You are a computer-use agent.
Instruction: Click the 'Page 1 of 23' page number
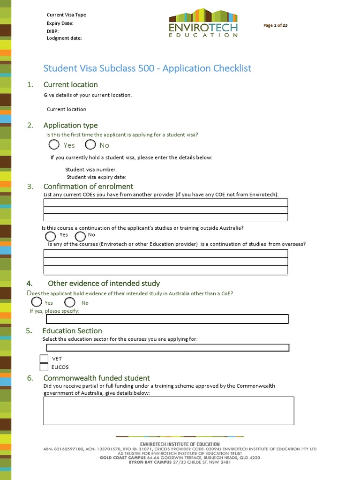click(275, 25)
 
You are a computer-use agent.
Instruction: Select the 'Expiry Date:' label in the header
click(60, 23)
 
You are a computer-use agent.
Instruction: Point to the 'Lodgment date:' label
click(64, 38)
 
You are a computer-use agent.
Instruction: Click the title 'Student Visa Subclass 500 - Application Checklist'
click(147, 68)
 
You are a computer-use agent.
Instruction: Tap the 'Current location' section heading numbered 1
click(70, 85)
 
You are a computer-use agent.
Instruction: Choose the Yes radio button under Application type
click(54, 145)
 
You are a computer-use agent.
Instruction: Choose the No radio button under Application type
click(90, 145)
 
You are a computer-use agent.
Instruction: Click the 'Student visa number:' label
click(91, 170)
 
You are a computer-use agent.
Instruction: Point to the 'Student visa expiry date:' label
click(96, 177)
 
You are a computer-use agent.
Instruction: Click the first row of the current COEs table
click(165, 202)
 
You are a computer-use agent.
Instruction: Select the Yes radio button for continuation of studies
click(50, 235)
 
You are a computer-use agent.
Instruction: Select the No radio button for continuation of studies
click(80, 236)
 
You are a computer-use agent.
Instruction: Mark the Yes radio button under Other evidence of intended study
click(37, 302)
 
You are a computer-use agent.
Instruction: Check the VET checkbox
click(44, 359)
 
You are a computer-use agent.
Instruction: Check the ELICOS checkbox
click(44, 367)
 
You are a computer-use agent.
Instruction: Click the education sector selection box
click(167, 348)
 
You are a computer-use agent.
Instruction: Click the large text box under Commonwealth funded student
click(169, 411)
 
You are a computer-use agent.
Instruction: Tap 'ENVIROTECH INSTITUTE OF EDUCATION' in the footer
click(180, 444)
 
